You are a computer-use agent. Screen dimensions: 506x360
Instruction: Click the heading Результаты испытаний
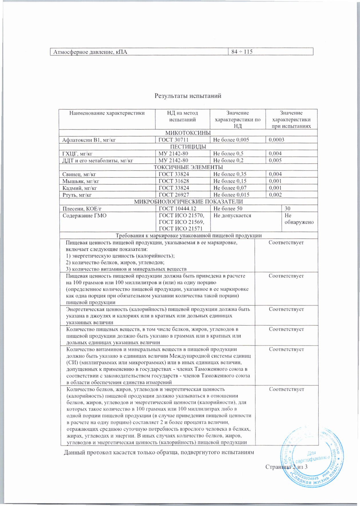click(x=188, y=96)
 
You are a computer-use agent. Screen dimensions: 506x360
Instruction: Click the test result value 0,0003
click(x=276, y=140)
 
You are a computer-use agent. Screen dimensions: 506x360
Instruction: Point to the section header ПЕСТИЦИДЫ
click(x=188, y=147)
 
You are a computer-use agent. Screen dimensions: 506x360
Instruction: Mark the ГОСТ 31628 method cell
click(x=174, y=181)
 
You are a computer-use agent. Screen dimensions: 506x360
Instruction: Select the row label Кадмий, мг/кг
click(x=80, y=188)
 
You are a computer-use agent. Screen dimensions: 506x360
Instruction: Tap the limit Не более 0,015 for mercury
click(x=231, y=195)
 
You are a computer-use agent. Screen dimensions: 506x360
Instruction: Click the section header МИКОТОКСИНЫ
click(x=188, y=133)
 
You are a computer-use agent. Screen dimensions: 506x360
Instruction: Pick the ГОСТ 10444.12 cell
click(x=177, y=209)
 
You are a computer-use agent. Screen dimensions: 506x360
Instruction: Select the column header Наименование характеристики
click(x=107, y=113)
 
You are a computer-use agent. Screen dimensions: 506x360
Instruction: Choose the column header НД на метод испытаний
click(x=182, y=116)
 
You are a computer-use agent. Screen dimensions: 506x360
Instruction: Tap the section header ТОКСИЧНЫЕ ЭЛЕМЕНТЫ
click(x=188, y=167)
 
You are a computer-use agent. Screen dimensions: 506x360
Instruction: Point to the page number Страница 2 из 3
click(x=286, y=467)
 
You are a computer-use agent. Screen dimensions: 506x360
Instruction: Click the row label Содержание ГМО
click(x=84, y=216)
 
